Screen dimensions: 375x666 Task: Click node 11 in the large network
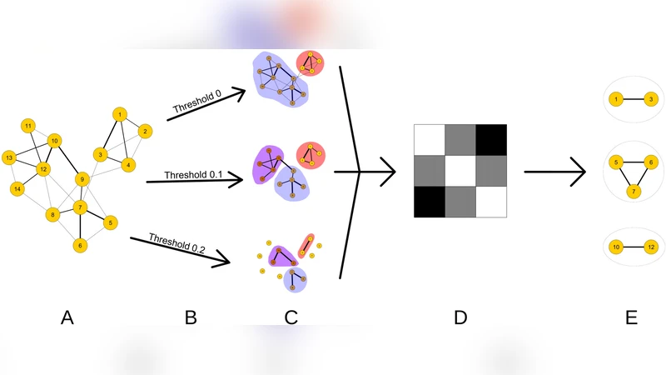pyautogui.click(x=28, y=126)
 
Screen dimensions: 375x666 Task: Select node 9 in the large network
pyautogui.click(x=82, y=179)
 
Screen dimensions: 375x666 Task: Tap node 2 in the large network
pyautogui.click(x=144, y=131)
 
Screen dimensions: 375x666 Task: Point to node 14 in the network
pyautogui.click(x=17, y=189)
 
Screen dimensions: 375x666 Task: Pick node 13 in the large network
pyautogui.click(x=9, y=157)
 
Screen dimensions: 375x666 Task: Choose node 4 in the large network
pyautogui.click(x=127, y=165)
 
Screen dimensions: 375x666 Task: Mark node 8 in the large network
pyautogui.click(x=52, y=215)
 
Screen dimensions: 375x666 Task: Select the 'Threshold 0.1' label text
pyautogui.click(x=192, y=176)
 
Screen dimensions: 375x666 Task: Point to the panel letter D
pyautogui.click(x=460, y=317)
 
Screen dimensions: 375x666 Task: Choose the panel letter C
pyautogui.click(x=291, y=317)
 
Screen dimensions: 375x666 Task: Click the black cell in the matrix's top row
pyautogui.click(x=491, y=139)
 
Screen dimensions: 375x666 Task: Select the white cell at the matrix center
pyautogui.click(x=460, y=172)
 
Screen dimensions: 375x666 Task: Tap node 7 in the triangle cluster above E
pyautogui.click(x=634, y=192)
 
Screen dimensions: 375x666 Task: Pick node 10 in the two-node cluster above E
pyautogui.click(x=616, y=247)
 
